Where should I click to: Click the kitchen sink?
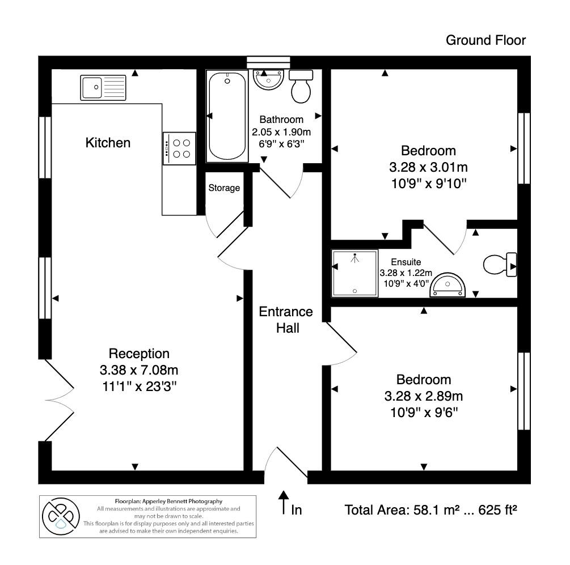pos(103,87)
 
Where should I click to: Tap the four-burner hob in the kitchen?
pos(179,148)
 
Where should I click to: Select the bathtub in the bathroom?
pos(227,116)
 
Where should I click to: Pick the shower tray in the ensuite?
pos(354,274)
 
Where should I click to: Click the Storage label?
pos(224,188)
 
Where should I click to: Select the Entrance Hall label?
pos(286,320)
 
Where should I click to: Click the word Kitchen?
pos(108,143)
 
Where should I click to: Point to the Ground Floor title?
pos(485,40)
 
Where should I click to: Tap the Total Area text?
pos(431,509)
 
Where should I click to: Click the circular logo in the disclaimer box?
pos(60,516)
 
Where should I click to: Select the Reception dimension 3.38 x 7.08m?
pos(139,371)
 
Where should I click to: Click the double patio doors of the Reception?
pos(58,400)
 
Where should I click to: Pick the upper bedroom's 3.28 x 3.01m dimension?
pos(428,167)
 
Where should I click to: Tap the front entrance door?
pos(288,462)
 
